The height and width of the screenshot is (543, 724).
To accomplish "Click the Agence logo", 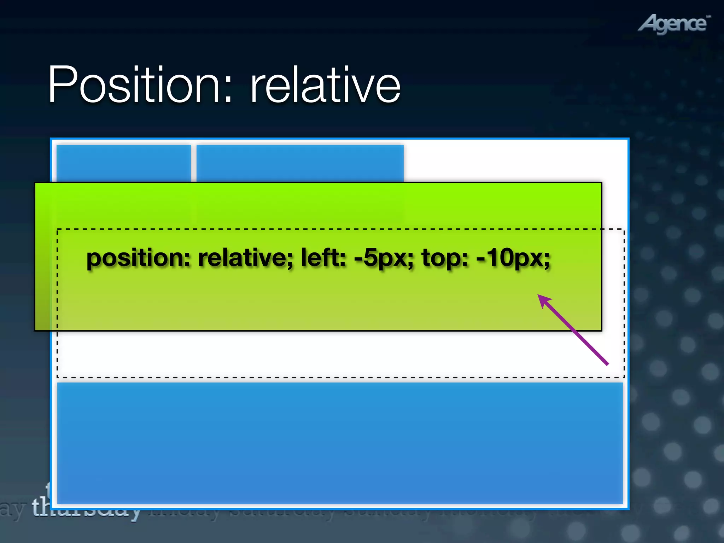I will pos(674,24).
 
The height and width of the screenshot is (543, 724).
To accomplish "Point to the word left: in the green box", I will pos(323,257).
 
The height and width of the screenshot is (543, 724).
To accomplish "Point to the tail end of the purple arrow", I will pos(607,364).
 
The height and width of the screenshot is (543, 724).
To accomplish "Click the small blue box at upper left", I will pos(123,163).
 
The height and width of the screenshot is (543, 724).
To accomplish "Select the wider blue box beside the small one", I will pos(300,163).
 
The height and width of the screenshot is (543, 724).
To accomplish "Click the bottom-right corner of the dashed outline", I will pos(624,377).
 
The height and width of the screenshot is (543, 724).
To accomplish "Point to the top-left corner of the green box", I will pos(35,183).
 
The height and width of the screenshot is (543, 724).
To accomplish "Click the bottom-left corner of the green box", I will pos(35,331).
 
